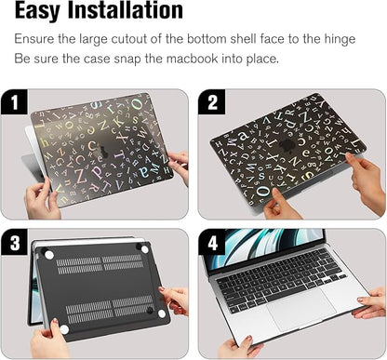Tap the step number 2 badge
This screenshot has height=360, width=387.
(212, 101)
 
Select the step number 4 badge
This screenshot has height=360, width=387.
(212, 243)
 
